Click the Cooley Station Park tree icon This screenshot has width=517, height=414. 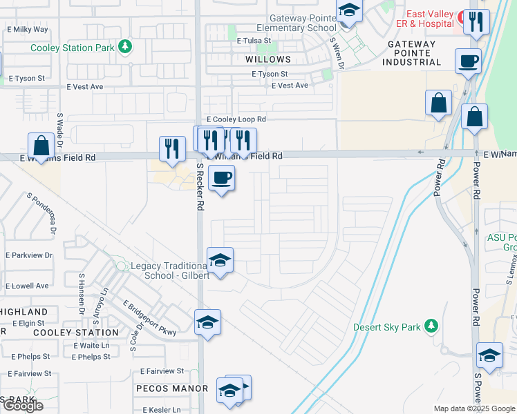tap(125, 47)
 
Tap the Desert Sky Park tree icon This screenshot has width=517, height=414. tap(431, 325)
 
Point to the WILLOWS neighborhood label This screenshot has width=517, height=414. tap(268, 59)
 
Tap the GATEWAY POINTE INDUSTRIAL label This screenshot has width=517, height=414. tap(412, 53)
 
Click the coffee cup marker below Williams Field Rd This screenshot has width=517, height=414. tap(222, 178)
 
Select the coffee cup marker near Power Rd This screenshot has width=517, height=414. tap(468, 61)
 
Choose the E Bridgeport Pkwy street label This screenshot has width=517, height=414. tap(149, 318)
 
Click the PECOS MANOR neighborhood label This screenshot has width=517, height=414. tap(172, 388)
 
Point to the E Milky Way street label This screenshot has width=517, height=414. tap(28, 30)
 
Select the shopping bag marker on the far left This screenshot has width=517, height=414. tap(41, 146)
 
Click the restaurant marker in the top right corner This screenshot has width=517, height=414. tap(475, 22)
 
